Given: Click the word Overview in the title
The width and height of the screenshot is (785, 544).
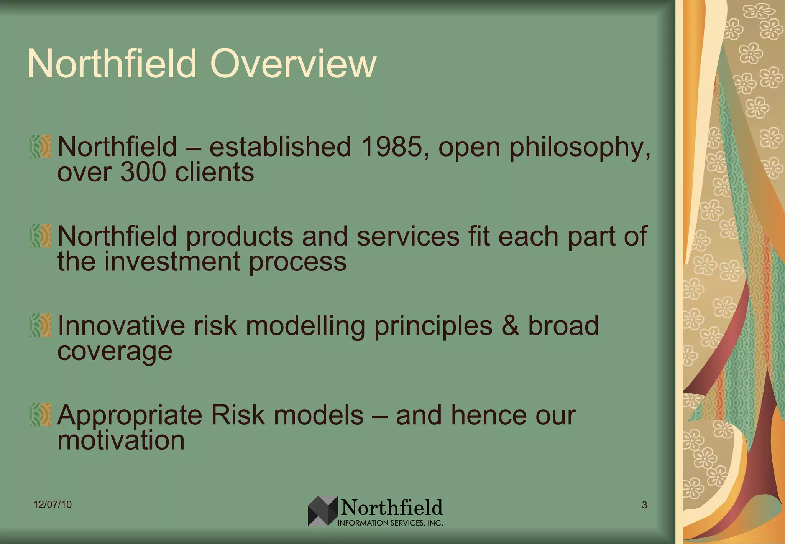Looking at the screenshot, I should (293, 64).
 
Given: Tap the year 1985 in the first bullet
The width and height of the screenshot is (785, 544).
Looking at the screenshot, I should (391, 147).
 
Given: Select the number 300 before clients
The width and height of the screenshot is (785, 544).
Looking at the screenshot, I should (143, 172).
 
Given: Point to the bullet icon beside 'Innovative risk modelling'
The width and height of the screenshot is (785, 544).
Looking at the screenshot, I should (40, 325).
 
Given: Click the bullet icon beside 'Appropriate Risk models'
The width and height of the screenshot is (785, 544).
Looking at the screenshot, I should (40, 415).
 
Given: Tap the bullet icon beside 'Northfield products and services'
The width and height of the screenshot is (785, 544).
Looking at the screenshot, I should (40, 236).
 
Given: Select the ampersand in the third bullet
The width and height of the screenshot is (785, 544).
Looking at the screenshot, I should (510, 326).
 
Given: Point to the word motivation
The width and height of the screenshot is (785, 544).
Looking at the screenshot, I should (121, 440).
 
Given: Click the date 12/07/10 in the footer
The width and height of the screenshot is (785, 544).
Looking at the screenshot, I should (53, 504).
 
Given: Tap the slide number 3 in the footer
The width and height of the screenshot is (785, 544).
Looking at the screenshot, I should (644, 505).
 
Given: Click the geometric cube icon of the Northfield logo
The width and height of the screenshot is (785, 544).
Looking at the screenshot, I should (323, 511).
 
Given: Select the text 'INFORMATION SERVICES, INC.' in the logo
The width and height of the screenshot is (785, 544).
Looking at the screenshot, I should (390, 523).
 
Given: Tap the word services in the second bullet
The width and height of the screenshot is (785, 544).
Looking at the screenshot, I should (408, 236).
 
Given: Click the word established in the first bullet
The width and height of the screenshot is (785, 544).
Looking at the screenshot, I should (280, 147).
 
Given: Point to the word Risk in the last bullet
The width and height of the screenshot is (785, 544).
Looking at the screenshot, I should (238, 415).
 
